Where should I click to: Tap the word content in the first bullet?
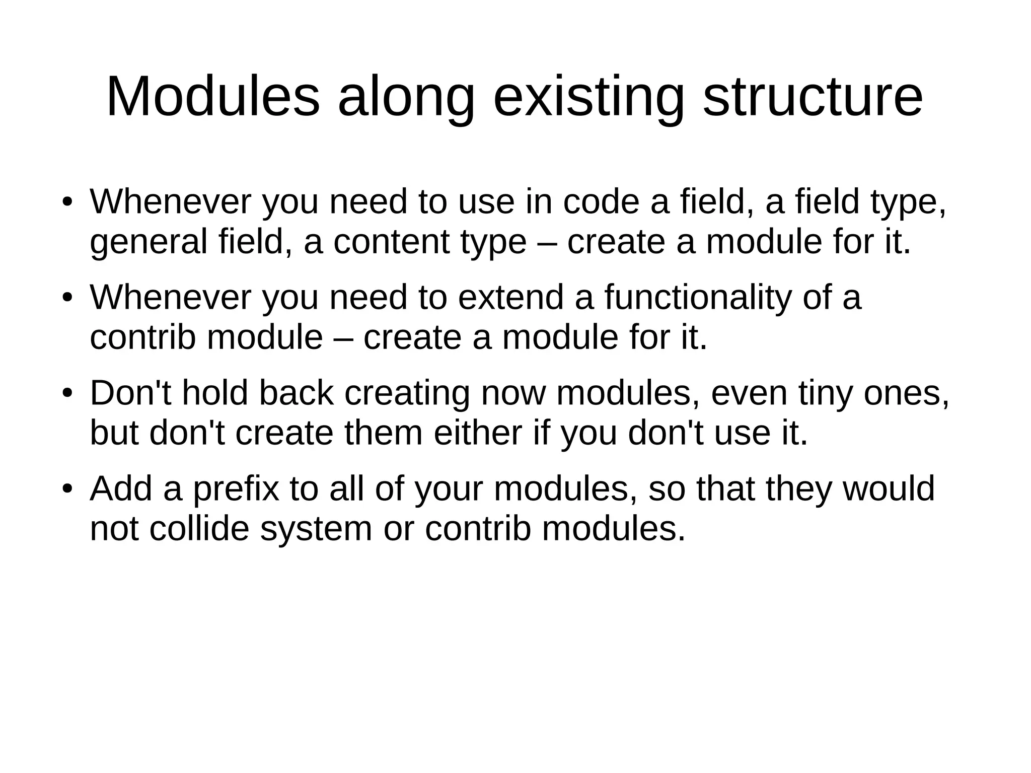tap(391, 242)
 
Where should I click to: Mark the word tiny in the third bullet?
tap(826, 394)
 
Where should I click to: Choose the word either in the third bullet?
tap(478, 433)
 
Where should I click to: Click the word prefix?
tap(236, 489)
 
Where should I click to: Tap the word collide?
tap(199, 529)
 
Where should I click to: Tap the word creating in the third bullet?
tap(407, 394)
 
